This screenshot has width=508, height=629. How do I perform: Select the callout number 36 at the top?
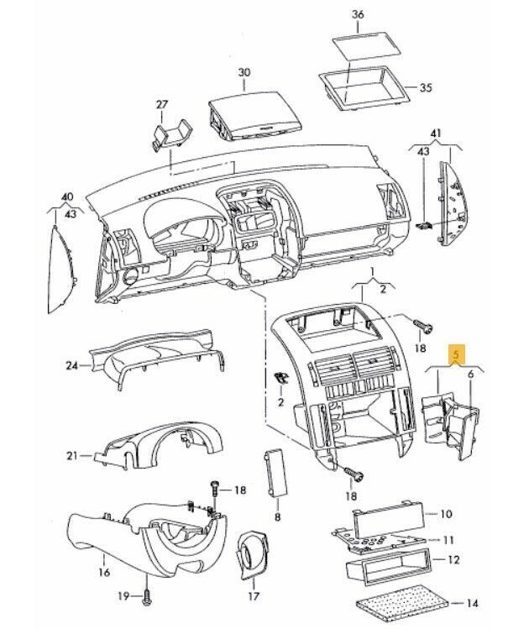click(358, 15)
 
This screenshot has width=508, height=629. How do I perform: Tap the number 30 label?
click(244, 73)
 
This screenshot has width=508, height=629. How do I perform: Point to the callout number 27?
click(162, 105)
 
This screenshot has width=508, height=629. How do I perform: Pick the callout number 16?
click(104, 573)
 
